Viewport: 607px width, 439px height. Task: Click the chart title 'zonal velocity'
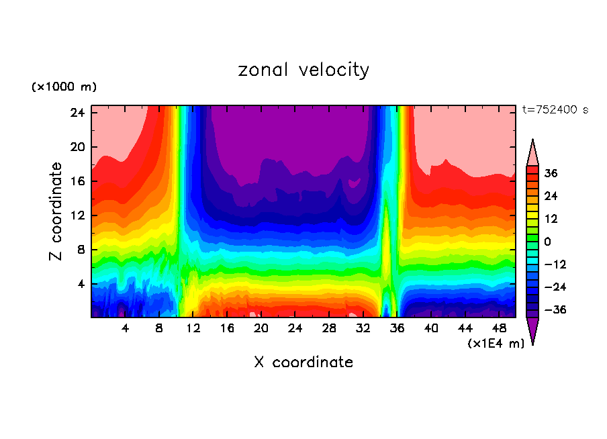pyautogui.click(x=303, y=70)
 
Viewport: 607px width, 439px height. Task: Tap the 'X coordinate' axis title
pyautogui.click(x=303, y=362)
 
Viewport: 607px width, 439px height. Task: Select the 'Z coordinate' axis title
pyautogui.click(x=57, y=211)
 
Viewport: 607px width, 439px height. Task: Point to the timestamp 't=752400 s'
pyautogui.click(x=555, y=110)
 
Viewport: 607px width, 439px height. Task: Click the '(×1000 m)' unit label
pyautogui.click(x=64, y=87)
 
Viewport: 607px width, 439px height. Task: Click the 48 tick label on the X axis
pyautogui.click(x=500, y=329)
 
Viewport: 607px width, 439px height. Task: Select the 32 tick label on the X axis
pyautogui.click(x=363, y=329)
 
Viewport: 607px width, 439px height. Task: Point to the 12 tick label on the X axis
pyautogui.click(x=193, y=329)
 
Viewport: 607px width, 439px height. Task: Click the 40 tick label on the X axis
pyautogui.click(x=431, y=329)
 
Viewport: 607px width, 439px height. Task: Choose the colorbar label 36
pyautogui.click(x=551, y=173)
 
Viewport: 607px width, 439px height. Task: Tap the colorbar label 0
pyautogui.click(x=548, y=242)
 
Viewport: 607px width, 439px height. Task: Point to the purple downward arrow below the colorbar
pyautogui.click(x=532, y=330)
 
